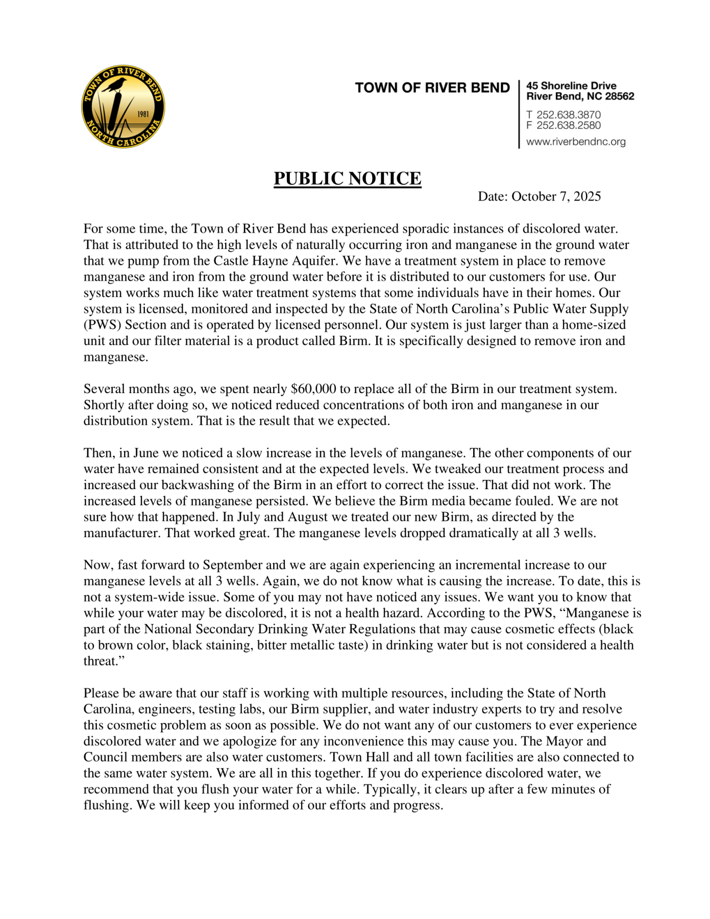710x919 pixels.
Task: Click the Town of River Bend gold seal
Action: pos(123,107)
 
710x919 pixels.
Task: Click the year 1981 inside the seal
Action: pos(143,114)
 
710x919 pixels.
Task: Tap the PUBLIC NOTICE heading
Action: pos(347,178)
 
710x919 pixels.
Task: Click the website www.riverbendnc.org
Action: pos(576,142)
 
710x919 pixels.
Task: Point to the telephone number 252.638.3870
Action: pos(568,115)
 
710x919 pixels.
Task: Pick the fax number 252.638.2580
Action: pos(568,126)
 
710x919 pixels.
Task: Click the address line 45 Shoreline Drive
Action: pos(571,86)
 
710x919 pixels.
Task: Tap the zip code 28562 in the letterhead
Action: pos(619,96)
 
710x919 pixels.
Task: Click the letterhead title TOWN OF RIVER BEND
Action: pos(432,88)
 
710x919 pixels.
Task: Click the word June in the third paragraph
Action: pos(146,453)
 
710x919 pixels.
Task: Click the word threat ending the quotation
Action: pos(101,662)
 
